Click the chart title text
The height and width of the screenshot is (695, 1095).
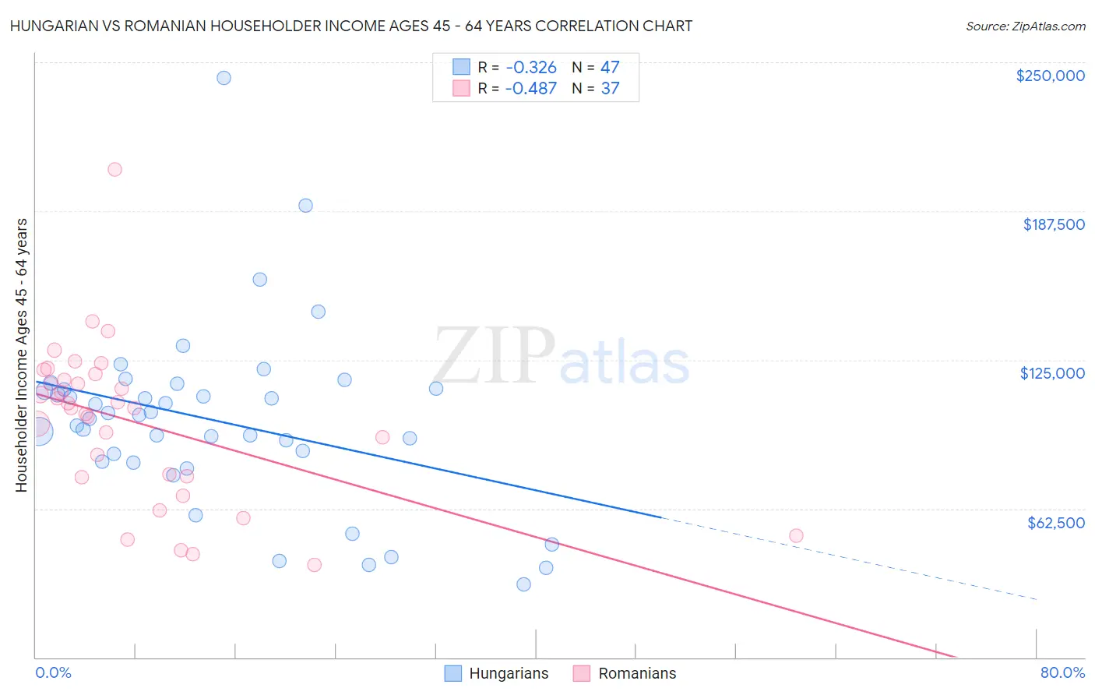350,26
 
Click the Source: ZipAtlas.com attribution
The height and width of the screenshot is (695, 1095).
1025,26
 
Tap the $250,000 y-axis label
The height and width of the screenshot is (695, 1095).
1050,76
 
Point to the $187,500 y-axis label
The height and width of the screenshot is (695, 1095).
1053,224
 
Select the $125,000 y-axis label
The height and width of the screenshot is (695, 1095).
1052,373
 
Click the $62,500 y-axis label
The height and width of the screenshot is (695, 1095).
1055,523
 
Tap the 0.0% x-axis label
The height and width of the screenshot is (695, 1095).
53,672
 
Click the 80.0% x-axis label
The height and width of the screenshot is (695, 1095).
1062,672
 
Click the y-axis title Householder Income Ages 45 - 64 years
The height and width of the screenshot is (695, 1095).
22,355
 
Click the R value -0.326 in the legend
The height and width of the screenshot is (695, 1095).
530,67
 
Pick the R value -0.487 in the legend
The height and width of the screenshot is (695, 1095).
530,88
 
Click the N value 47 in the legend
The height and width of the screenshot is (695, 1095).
610,67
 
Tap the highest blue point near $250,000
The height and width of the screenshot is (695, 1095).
224,78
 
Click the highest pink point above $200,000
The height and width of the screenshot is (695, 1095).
114,170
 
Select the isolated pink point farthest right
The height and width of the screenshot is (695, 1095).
796,535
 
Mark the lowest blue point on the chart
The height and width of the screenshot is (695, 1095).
523,584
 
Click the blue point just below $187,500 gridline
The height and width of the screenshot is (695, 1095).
305,206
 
